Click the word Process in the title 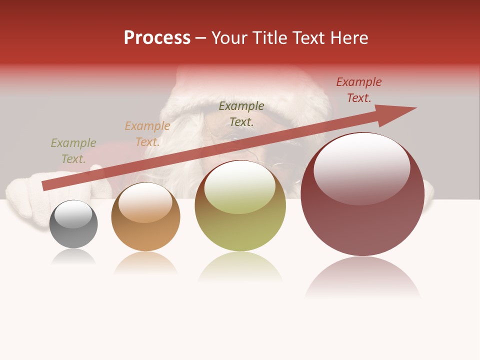click(157, 38)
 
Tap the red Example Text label click(359, 90)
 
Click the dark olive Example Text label click(241, 113)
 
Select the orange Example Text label click(147, 134)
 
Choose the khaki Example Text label click(73, 150)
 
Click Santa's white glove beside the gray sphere click(25, 197)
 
